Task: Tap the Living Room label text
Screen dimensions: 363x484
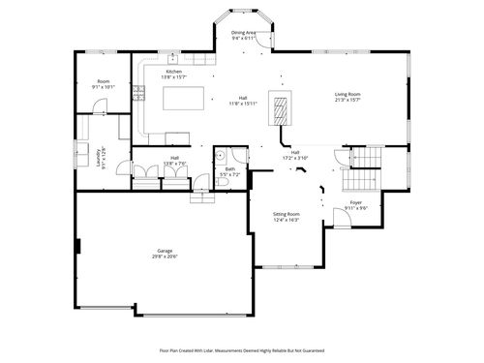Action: (x=347, y=94)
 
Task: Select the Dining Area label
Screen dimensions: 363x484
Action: (x=244, y=33)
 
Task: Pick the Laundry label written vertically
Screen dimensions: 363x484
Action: (x=100, y=157)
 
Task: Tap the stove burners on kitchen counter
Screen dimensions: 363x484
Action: (x=138, y=94)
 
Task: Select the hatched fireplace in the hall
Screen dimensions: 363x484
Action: (x=282, y=111)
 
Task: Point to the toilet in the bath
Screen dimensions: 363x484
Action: (x=200, y=180)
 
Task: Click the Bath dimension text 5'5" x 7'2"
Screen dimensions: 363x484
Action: (x=230, y=174)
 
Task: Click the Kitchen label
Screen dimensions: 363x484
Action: (x=173, y=72)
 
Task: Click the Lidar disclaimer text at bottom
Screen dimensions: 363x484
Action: (x=241, y=349)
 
